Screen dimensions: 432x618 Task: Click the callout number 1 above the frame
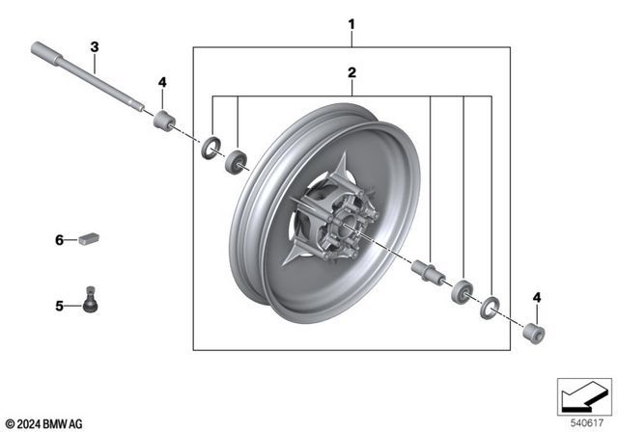tap(351, 23)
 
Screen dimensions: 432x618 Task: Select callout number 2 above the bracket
tap(351, 72)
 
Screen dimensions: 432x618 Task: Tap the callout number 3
tap(95, 47)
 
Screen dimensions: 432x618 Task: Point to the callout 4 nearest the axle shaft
tap(162, 82)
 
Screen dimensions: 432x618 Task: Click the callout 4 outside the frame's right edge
tap(539, 297)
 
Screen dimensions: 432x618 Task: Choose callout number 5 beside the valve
tap(59, 307)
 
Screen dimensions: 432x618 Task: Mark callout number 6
tap(59, 238)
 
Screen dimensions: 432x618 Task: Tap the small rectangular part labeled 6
tap(92, 237)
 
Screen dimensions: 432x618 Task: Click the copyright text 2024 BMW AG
tap(44, 422)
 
